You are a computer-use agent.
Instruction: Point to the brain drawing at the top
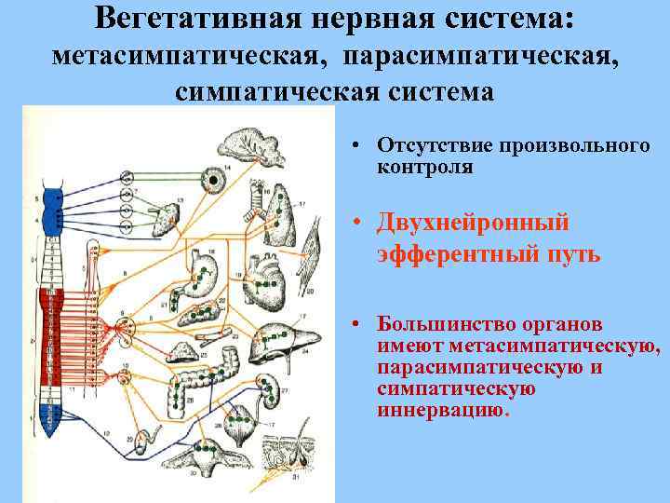coord(246,149)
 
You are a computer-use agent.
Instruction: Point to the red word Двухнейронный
coord(486,224)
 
